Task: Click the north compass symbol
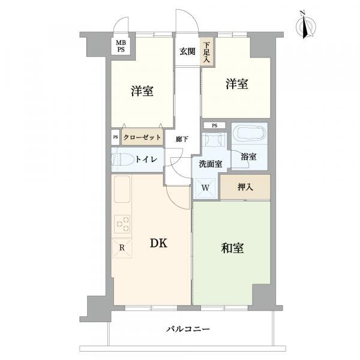(306, 25)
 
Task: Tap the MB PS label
(121, 46)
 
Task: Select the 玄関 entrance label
(187, 52)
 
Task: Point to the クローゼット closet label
(142, 137)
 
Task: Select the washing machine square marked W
(205, 188)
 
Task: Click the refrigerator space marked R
(122, 248)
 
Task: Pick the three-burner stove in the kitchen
(122, 224)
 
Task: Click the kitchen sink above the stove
(122, 189)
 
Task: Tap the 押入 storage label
(245, 187)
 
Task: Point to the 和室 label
(232, 248)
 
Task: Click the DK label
(158, 244)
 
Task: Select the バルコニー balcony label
(188, 329)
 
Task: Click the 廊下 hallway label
(182, 139)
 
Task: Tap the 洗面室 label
(211, 164)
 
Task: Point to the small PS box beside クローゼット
(115, 137)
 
